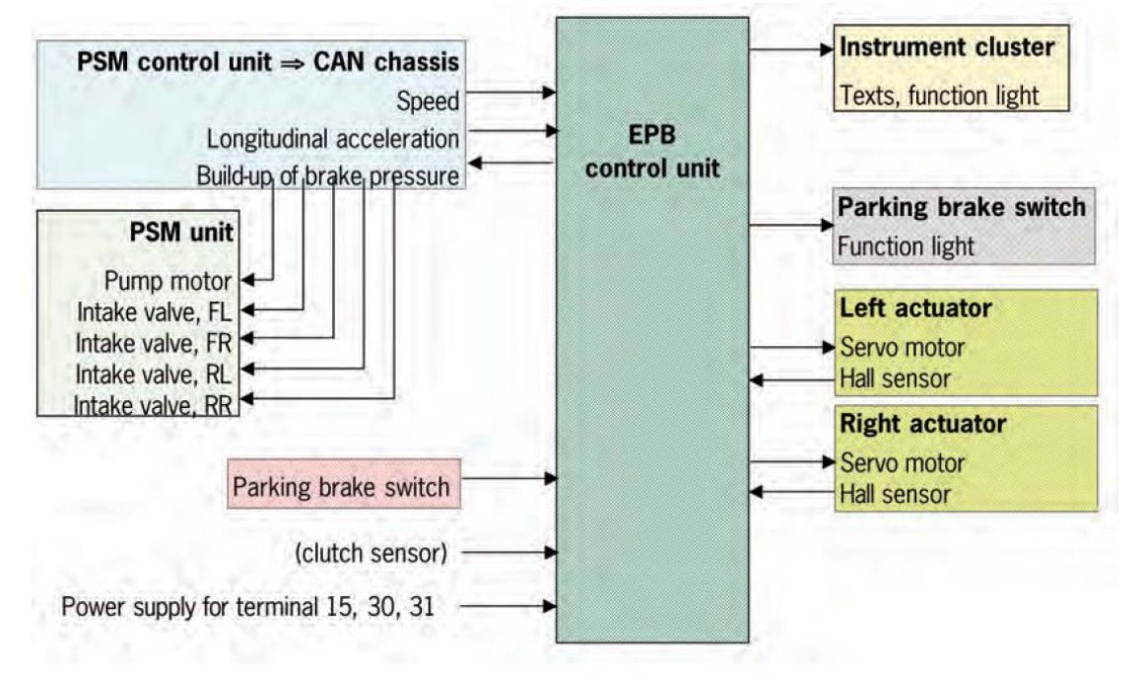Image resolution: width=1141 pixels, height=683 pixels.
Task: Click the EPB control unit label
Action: click(653, 150)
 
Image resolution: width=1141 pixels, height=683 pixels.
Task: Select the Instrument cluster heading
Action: click(946, 47)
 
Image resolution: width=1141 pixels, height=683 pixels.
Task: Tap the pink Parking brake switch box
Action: click(341, 485)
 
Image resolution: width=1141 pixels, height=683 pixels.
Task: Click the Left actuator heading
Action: click(914, 308)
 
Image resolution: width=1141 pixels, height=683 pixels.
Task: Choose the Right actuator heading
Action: click(922, 425)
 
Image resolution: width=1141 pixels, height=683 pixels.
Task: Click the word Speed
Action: click(428, 100)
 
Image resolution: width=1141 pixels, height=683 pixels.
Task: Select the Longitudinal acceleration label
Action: click(332, 137)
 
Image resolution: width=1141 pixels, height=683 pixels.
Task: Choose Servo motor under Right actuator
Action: click(901, 461)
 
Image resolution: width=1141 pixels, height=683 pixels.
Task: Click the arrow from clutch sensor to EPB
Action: click(508, 554)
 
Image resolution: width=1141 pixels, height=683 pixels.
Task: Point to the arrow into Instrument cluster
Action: click(791, 47)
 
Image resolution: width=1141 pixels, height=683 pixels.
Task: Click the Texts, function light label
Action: click(939, 96)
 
